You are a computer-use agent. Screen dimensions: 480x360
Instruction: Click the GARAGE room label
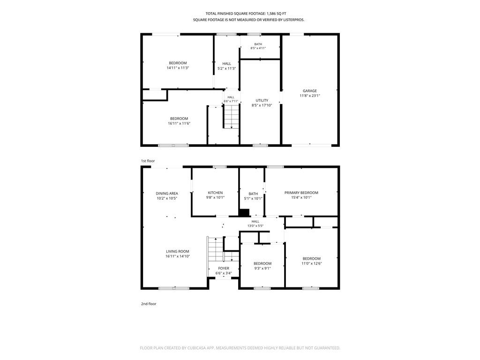[x=310, y=90]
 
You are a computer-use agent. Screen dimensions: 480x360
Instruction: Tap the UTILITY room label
[x=262, y=100]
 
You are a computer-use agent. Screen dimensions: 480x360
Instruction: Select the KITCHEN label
[x=215, y=193]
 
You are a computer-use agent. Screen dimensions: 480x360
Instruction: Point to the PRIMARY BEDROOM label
[x=301, y=193]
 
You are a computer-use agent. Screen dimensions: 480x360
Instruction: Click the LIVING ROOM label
[x=178, y=251]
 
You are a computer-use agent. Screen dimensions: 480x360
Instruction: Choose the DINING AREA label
[x=167, y=193]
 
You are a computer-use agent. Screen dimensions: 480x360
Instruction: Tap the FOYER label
[x=224, y=268]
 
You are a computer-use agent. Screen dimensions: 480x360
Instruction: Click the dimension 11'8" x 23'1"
[x=310, y=96]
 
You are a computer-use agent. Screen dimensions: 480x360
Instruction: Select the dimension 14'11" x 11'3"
[x=178, y=67]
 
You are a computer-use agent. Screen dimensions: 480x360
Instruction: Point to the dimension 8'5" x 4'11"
[x=258, y=48]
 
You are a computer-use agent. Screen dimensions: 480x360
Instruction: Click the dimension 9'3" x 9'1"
[x=262, y=268]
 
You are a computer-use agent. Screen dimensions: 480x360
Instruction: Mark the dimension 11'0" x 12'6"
[x=312, y=263]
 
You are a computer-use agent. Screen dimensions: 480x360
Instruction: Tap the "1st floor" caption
[x=148, y=161]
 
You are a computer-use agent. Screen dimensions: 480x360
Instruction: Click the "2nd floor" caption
[x=149, y=304]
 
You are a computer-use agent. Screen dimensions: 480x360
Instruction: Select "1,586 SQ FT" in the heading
[x=277, y=14]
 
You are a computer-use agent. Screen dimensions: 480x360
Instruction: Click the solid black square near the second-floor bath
[x=244, y=213]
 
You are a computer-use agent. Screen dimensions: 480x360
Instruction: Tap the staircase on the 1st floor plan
[x=231, y=116]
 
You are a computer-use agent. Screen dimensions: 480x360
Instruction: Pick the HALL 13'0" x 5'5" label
[x=255, y=224]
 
